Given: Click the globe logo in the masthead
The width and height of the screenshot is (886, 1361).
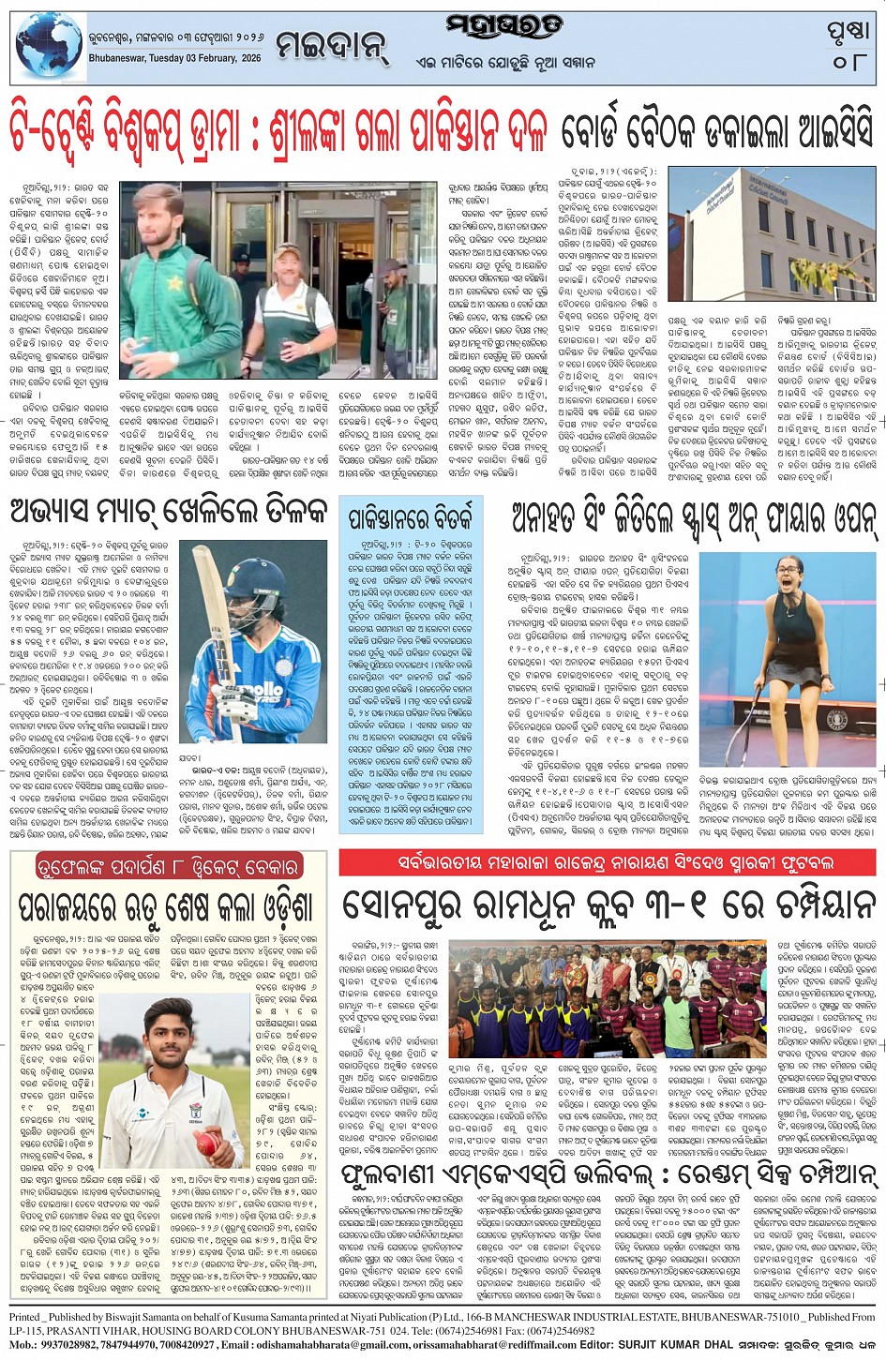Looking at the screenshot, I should (49, 44).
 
